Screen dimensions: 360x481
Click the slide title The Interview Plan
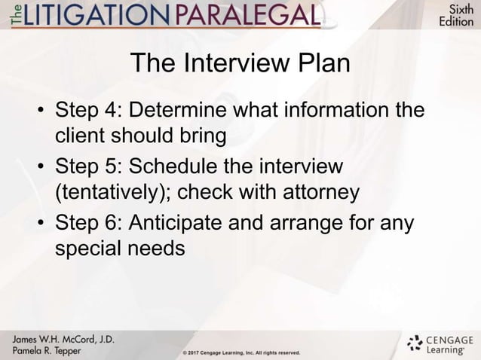pos(240,64)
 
